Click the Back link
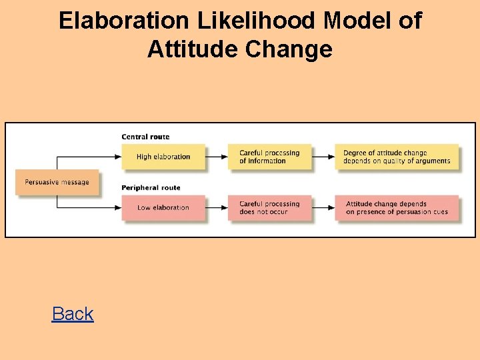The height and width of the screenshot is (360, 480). [x=73, y=314]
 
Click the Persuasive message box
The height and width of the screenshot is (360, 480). [x=57, y=182]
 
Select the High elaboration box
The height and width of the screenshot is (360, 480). [x=163, y=157]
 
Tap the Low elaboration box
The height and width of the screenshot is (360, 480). [x=163, y=207]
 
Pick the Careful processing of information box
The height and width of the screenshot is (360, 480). [x=270, y=157]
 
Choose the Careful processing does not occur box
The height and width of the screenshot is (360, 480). [x=270, y=207]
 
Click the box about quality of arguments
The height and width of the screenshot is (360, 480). [x=397, y=157]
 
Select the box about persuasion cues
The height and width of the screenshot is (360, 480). [x=397, y=207]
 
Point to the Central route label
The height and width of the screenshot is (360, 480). [x=145, y=137]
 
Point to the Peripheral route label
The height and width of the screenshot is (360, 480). [x=151, y=188]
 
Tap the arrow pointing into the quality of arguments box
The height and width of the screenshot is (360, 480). [x=323, y=157]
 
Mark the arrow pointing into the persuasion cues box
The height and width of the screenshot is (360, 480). [x=323, y=207]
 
